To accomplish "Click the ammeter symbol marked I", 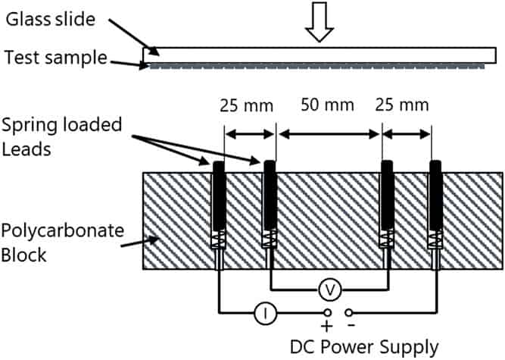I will [x=266, y=311].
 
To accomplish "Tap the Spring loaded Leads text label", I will [x=62, y=135].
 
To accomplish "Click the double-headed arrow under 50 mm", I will [x=329, y=134].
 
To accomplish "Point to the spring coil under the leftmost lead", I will [x=218, y=240].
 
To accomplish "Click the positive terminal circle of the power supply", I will [x=328, y=311].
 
